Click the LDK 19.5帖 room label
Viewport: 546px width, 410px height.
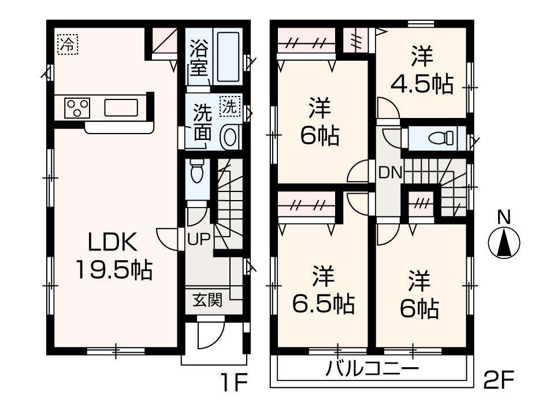(x=112, y=255)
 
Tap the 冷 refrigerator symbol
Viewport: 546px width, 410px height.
(x=68, y=44)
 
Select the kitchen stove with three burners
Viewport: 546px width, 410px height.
(x=78, y=108)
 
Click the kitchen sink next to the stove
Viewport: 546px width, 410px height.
(x=121, y=108)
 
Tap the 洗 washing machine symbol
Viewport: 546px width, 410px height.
(x=229, y=106)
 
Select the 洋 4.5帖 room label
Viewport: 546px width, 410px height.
(x=422, y=73)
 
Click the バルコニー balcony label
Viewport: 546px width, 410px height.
(x=372, y=368)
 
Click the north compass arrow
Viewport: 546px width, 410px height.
(x=504, y=243)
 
